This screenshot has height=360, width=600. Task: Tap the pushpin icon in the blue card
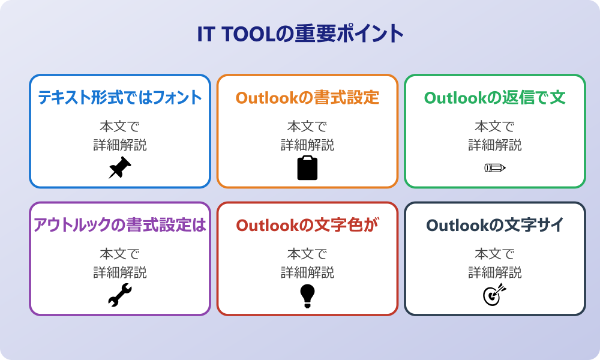120,167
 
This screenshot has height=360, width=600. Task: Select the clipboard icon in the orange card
307,167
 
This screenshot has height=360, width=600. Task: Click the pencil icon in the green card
494,167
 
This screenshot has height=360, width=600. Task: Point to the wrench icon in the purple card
120,295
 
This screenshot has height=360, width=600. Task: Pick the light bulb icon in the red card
307,295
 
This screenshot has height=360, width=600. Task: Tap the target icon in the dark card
494,295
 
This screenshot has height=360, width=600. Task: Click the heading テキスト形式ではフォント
120,98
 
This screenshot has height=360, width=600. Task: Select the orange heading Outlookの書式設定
307,98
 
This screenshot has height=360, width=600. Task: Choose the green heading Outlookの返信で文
494,98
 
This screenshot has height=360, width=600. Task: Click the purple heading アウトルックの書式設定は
120,226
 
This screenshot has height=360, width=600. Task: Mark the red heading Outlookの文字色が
307,226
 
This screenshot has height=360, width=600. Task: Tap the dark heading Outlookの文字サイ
494,226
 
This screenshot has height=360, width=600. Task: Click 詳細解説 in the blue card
120,145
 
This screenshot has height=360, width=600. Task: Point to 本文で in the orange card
307,127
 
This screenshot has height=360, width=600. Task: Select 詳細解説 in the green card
494,145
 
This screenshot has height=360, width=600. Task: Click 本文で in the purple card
120,254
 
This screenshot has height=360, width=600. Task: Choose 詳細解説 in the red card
307,272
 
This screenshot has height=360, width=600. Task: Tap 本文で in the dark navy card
494,254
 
